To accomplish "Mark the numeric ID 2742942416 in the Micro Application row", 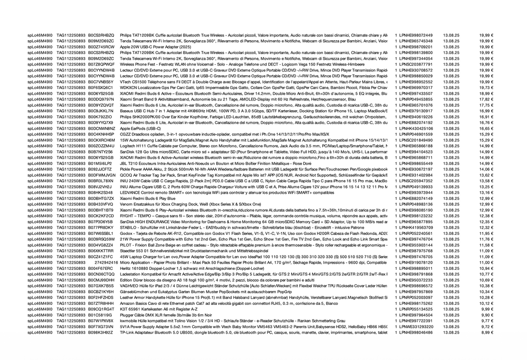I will [107, 263].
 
